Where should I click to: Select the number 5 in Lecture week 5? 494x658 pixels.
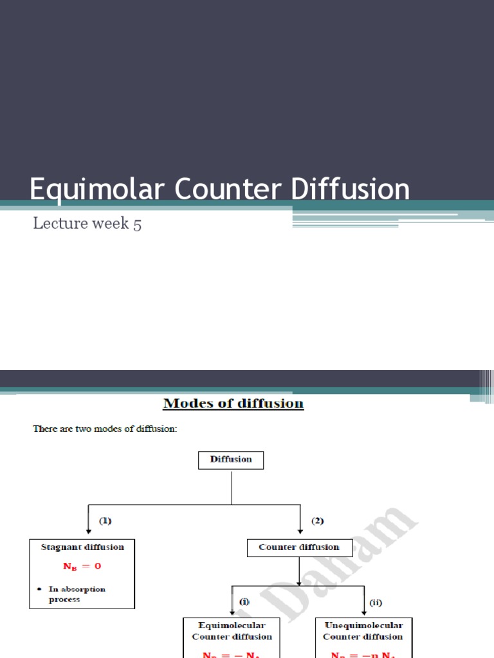137,225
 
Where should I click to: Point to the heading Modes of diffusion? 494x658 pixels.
233,404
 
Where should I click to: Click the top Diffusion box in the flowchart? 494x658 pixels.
231,459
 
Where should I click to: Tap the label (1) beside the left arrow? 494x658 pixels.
106,521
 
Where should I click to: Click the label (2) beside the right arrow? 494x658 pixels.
318,521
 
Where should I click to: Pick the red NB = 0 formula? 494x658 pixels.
82,567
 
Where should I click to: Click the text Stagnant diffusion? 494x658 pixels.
82,547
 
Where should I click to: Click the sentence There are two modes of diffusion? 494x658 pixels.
105,429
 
